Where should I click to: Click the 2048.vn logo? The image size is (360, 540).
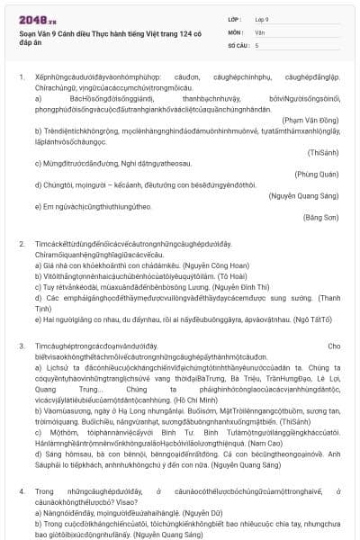(37, 18)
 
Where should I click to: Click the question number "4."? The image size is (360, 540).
(22, 491)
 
